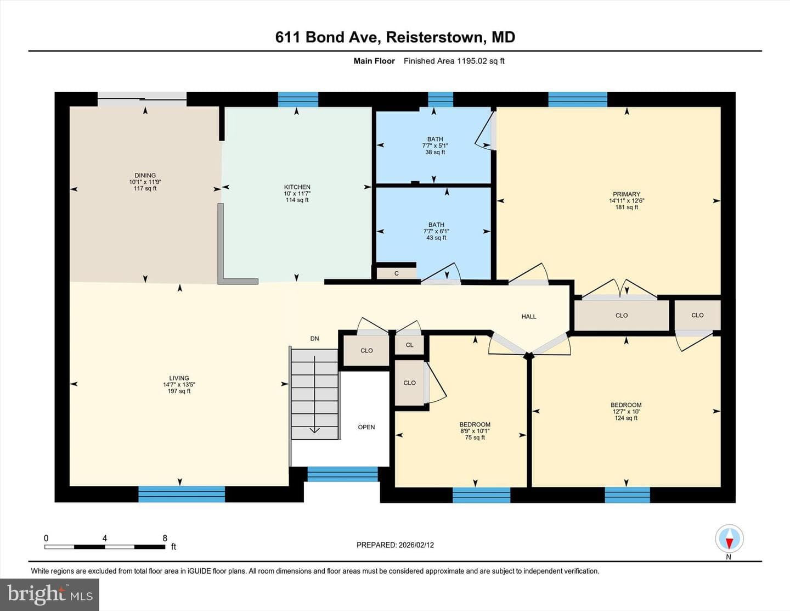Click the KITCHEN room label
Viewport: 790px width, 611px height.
click(297, 187)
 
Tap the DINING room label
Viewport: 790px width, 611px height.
click(145, 175)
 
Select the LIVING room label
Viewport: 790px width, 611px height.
click(179, 378)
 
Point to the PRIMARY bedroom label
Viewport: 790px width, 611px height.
click(627, 194)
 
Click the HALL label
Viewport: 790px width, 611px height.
click(529, 316)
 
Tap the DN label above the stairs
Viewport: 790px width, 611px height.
click(314, 339)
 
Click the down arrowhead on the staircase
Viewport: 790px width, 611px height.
click(314, 430)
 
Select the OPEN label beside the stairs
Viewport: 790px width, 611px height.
click(366, 427)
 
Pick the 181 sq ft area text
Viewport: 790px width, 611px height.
click(627, 208)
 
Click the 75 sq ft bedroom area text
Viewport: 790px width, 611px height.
click(475, 438)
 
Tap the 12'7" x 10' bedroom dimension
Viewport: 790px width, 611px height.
click(626, 412)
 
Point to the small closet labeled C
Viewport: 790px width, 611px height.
click(396, 273)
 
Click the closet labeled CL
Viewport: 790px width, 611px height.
click(409, 345)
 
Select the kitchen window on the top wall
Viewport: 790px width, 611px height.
click(298, 99)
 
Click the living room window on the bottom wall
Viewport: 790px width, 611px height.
click(182, 494)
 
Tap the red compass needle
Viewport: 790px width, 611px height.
click(729, 543)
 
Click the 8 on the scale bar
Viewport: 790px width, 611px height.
click(165, 538)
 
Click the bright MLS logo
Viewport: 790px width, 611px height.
click(49, 594)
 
